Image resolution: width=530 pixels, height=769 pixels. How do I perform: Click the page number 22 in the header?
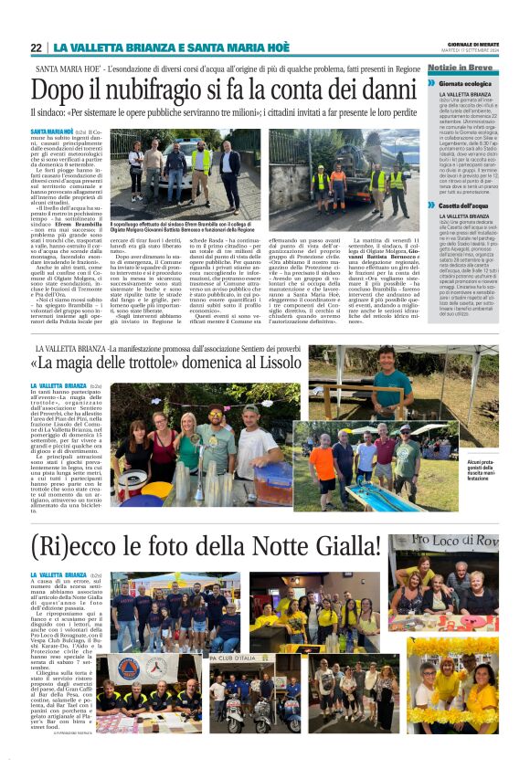pos(36,47)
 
